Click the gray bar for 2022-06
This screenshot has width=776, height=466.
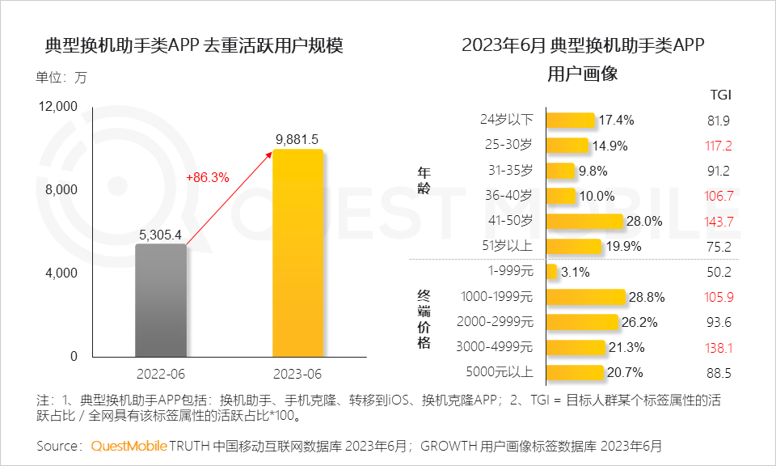pos(161,300)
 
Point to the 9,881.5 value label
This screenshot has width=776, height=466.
pos(297,138)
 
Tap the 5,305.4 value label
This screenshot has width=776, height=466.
pos(161,234)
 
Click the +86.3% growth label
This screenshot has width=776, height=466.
pos(208,176)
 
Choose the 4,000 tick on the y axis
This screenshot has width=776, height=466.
pos(60,273)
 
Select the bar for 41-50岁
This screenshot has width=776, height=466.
pos(584,222)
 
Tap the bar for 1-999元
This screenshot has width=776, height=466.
pos(551,272)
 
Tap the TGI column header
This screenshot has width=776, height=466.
pos(719,95)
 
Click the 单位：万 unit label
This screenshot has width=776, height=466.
pos(61,78)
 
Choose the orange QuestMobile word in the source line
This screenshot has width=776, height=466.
pos(129,446)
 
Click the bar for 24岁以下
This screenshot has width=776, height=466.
pos(570,121)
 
